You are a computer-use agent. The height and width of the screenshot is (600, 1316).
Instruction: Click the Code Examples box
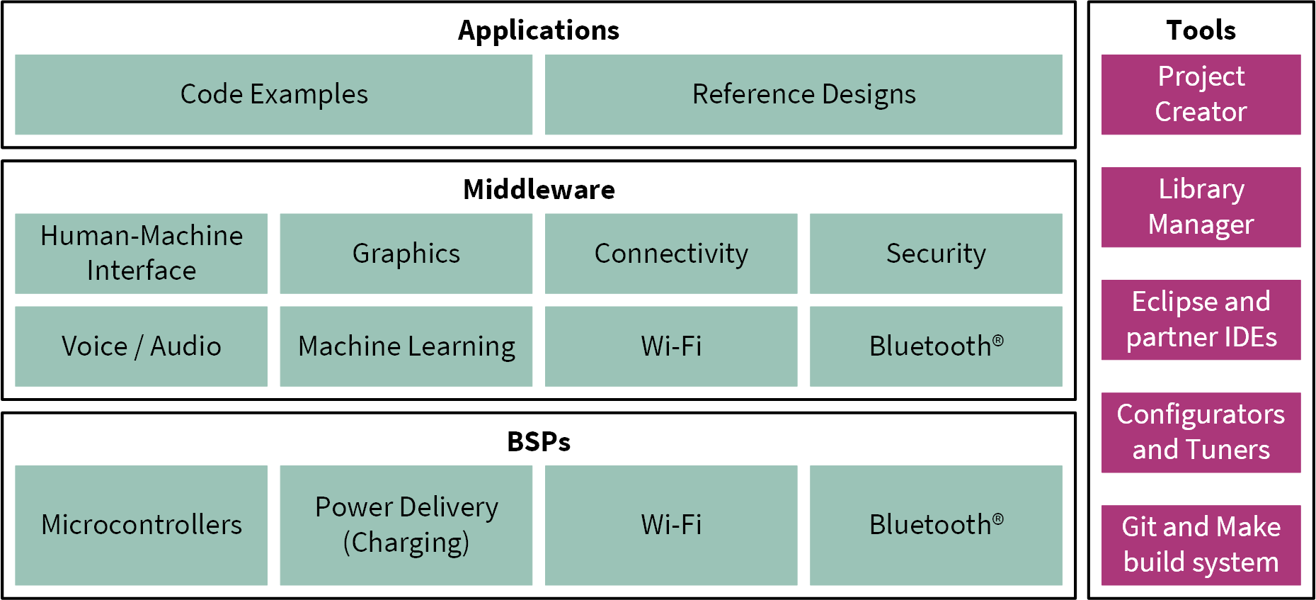pyautogui.click(x=273, y=94)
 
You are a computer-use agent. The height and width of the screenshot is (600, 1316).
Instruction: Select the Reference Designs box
pyautogui.click(x=803, y=94)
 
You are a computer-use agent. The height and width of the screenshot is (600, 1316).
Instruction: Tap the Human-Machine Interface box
pyautogui.click(x=141, y=253)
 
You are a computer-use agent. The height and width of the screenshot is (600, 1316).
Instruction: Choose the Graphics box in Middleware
pyautogui.click(x=406, y=253)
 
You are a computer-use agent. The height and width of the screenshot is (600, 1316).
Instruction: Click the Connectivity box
pyautogui.click(x=670, y=253)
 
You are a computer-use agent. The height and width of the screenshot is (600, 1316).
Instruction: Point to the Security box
pyautogui.click(x=936, y=253)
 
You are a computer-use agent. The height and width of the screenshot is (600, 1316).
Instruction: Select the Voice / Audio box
pyautogui.click(x=141, y=346)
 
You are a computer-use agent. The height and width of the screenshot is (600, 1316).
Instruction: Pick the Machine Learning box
pyautogui.click(x=406, y=346)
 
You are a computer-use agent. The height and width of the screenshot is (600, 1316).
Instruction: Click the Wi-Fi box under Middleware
pyautogui.click(x=670, y=346)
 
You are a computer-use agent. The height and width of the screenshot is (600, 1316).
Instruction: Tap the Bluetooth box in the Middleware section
pyautogui.click(x=936, y=346)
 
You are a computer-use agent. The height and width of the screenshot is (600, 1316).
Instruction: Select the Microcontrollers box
pyautogui.click(x=141, y=525)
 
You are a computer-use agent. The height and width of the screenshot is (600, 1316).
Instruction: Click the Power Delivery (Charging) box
pyautogui.click(x=406, y=525)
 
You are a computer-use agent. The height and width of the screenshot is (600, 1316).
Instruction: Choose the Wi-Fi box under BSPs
pyautogui.click(x=670, y=525)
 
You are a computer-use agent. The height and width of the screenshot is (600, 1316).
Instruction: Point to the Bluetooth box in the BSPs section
pyautogui.click(x=936, y=525)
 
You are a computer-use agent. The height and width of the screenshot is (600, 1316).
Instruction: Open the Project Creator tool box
pyautogui.click(x=1201, y=94)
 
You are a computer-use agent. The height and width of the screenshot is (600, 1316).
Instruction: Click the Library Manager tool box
pyautogui.click(x=1201, y=207)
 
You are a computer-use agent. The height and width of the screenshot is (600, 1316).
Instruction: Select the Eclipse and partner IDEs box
pyautogui.click(x=1201, y=319)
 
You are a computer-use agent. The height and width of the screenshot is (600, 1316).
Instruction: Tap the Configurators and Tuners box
pyautogui.click(x=1201, y=432)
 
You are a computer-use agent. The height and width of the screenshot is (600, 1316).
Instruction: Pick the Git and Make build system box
pyautogui.click(x=1201, y=545)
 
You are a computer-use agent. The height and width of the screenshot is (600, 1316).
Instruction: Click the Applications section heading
pyautogui.click(x=538, y=30)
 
